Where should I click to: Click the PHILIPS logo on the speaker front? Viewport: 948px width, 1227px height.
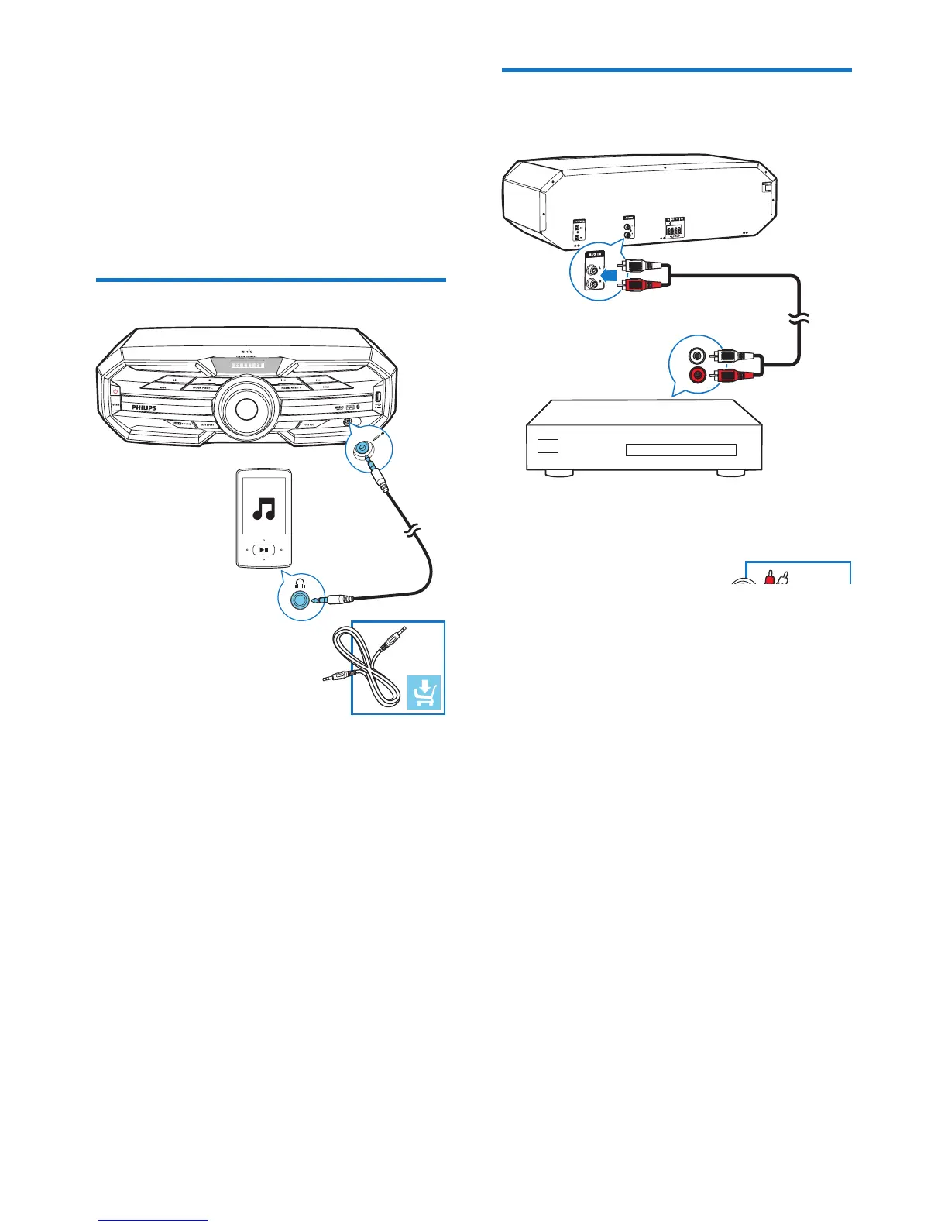(143, 407)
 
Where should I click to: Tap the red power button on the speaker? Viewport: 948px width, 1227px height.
(115, 390)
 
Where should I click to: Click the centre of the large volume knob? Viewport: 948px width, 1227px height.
(246, 410)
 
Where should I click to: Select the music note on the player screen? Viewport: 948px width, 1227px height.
(265, 508)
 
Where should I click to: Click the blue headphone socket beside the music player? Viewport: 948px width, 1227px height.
(298, 599)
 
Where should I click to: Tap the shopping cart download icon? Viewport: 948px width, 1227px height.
(424, 692)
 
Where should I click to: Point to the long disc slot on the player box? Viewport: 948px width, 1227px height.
(680, 450)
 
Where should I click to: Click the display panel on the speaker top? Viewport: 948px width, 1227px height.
(246, 366)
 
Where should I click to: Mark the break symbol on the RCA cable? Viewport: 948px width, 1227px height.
(799, 317)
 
